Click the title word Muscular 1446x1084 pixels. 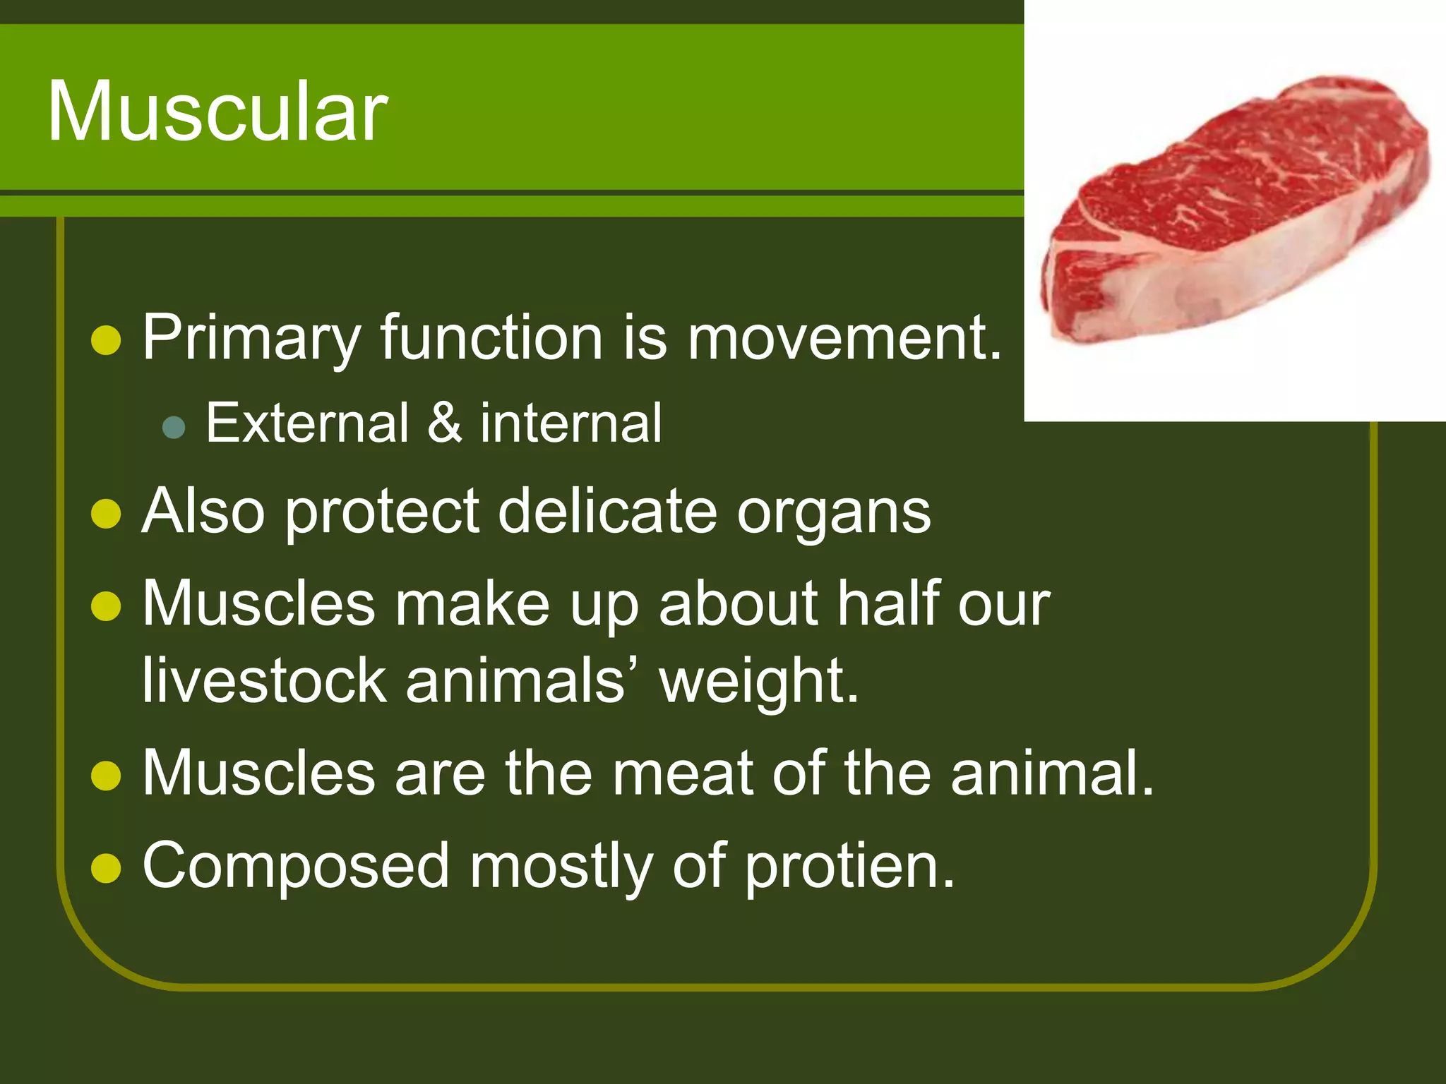[x=217, y=112]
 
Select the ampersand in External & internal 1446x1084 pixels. [x=445, y=423]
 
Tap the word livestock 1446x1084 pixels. [x=264, y=680]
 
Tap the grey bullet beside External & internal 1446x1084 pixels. [x=174, y=428]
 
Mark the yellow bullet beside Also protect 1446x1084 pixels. [x=107, y=514]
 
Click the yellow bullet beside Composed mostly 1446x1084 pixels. [x=107, y=869]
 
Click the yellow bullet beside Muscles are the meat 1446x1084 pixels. [x=107, y=776]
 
